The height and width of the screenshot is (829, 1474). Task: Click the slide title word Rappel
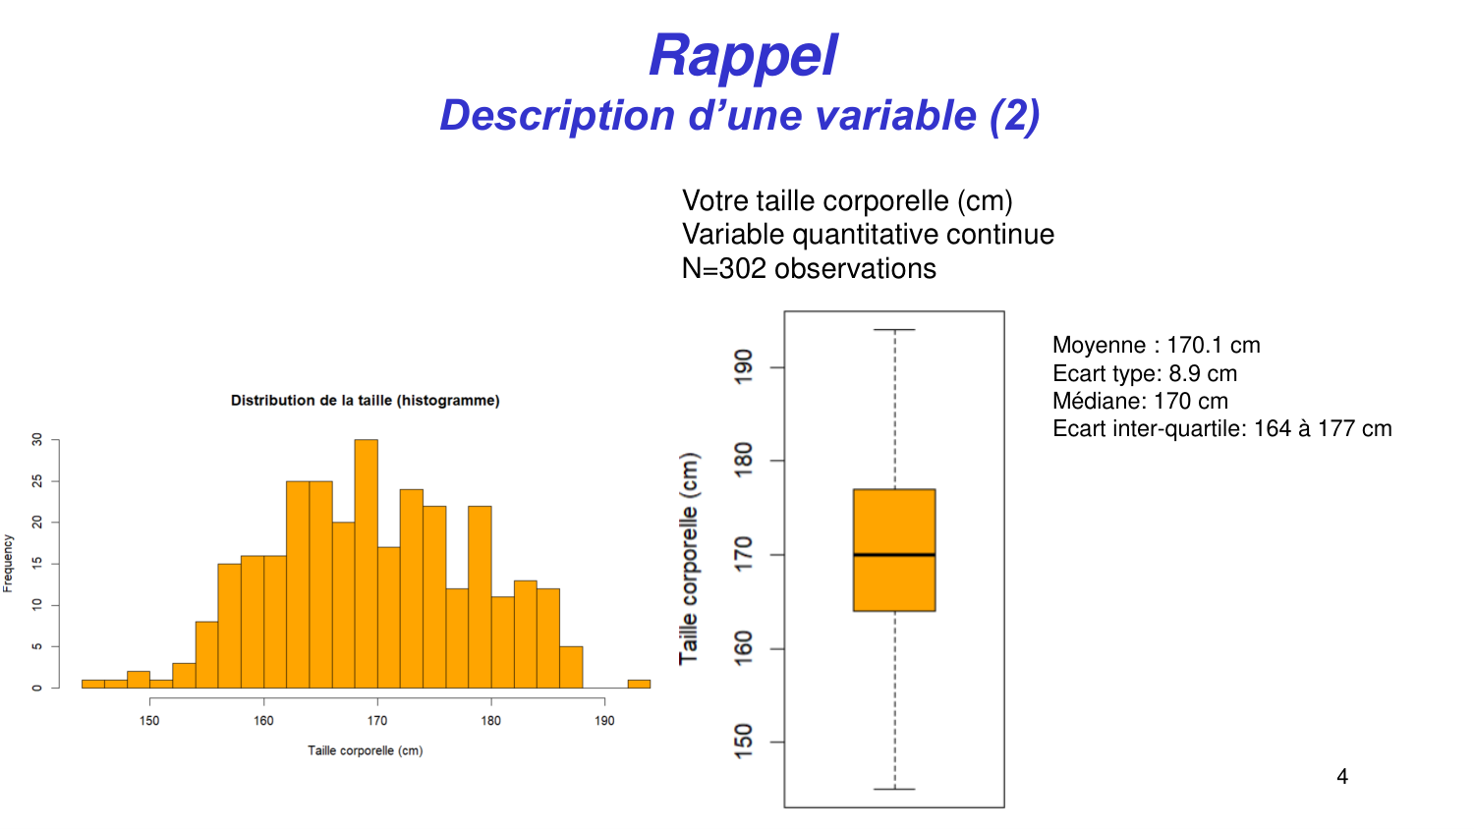coord(743,56)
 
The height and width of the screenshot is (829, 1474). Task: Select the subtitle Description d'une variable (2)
coord(739,115)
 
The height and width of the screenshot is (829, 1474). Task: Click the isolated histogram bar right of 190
coord(639,684)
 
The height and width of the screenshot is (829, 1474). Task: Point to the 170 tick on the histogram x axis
coord(377,699)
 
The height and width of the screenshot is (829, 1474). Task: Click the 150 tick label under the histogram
coord(149,720)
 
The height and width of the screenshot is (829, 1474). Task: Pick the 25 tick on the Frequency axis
coord(38,481)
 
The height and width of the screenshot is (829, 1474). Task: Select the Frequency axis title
coord(9,563)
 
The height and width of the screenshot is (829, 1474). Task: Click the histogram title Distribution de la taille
coord(365,401)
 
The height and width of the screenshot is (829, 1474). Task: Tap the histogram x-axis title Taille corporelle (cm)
coord(365,750)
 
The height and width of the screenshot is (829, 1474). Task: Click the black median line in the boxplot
coord(894,555)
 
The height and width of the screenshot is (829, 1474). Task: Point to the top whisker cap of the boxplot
coord(894,330)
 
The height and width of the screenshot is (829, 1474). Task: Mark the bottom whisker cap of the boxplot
coord(894,789)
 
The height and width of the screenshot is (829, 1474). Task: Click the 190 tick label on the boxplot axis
coord(744,366)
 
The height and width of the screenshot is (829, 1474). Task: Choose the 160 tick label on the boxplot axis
coord(744,648)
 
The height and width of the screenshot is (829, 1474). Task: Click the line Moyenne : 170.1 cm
coord(1156,345)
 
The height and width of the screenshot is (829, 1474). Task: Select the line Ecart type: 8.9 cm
coord(1144,373)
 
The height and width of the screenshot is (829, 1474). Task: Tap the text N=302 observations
coord(809,268)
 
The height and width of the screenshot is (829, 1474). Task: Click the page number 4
coord(1342,777)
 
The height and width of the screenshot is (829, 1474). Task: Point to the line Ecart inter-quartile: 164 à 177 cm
coord(1221,428)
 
